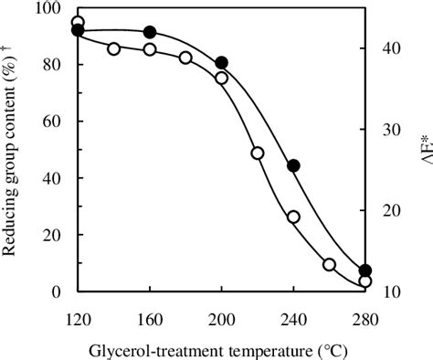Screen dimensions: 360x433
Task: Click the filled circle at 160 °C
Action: (150, 33)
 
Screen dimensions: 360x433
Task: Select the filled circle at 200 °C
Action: (221, 63)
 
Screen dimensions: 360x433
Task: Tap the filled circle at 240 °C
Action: (293, 165)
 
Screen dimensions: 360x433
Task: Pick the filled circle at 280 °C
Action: (365, 270)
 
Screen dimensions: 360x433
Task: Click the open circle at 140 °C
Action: (114, 48)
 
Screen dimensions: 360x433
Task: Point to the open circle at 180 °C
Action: (185, 58)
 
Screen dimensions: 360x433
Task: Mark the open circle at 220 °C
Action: (258, 153)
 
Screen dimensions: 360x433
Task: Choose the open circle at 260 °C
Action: (329, 264)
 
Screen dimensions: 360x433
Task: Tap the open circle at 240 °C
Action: (293, 217)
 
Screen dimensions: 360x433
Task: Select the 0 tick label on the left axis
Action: (57, 292)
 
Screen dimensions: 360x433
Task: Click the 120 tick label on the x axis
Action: (78, 318)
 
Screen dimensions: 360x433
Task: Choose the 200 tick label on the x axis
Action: (221, 318)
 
